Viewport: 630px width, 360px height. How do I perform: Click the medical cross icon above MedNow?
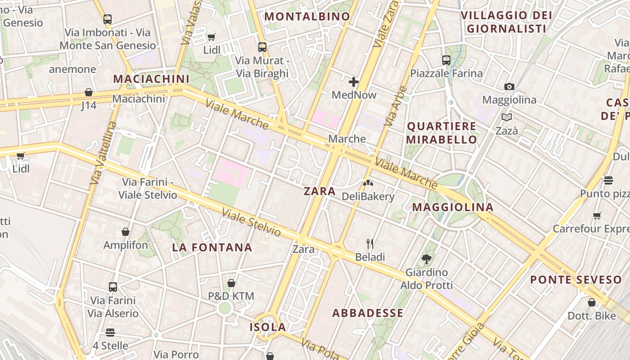pyautogui.click(x=354, y=82)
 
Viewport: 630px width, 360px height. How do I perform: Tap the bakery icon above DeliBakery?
pyautogui.click(x=368, y=184)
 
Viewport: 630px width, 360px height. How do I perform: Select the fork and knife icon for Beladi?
pyautogui.click(x=370, y=244)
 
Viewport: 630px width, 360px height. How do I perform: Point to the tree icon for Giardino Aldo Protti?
pyautogui.click(x=426, y=259)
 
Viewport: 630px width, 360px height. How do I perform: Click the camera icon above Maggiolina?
pyautogui.click(x=509, y=86)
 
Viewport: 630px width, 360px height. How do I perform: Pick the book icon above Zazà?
pyautogui.click(x=507, y=117)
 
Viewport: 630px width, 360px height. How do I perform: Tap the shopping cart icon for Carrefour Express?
pyautogui.click(x=597, y=216)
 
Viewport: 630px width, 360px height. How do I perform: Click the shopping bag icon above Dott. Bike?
pyautogui.click(x=592, y=302)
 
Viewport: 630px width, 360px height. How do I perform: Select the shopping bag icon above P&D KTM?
pyautogui.click(x=231, y=283)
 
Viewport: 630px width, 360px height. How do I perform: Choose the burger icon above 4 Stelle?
pyautogui.click(x=110, y=333)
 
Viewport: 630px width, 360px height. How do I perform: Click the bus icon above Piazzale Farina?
pyautogui.click(x=446, y=60)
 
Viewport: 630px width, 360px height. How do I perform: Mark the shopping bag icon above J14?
pyautogui.click(x=89, y=92)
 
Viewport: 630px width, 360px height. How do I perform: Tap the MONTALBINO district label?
pyautogui.click(x=307, y=17)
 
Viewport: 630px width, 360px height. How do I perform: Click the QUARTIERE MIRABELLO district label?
pyautogui.click(x=441, y=133)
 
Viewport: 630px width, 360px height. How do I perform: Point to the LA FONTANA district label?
pyautogui.click(x=212, y=247)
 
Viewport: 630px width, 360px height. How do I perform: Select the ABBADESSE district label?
pyautogui.click(x=368, y=313)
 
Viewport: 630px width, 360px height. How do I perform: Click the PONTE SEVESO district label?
pyautogui.click(x=576, y=280)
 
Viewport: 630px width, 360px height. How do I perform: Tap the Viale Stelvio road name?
pyautogui.click(x=252, y=223)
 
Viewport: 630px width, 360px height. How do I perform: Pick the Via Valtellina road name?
pyautogui.click(x=103, y=153)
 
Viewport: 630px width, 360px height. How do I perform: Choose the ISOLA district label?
pyautogui.click(x=268, y=327)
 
